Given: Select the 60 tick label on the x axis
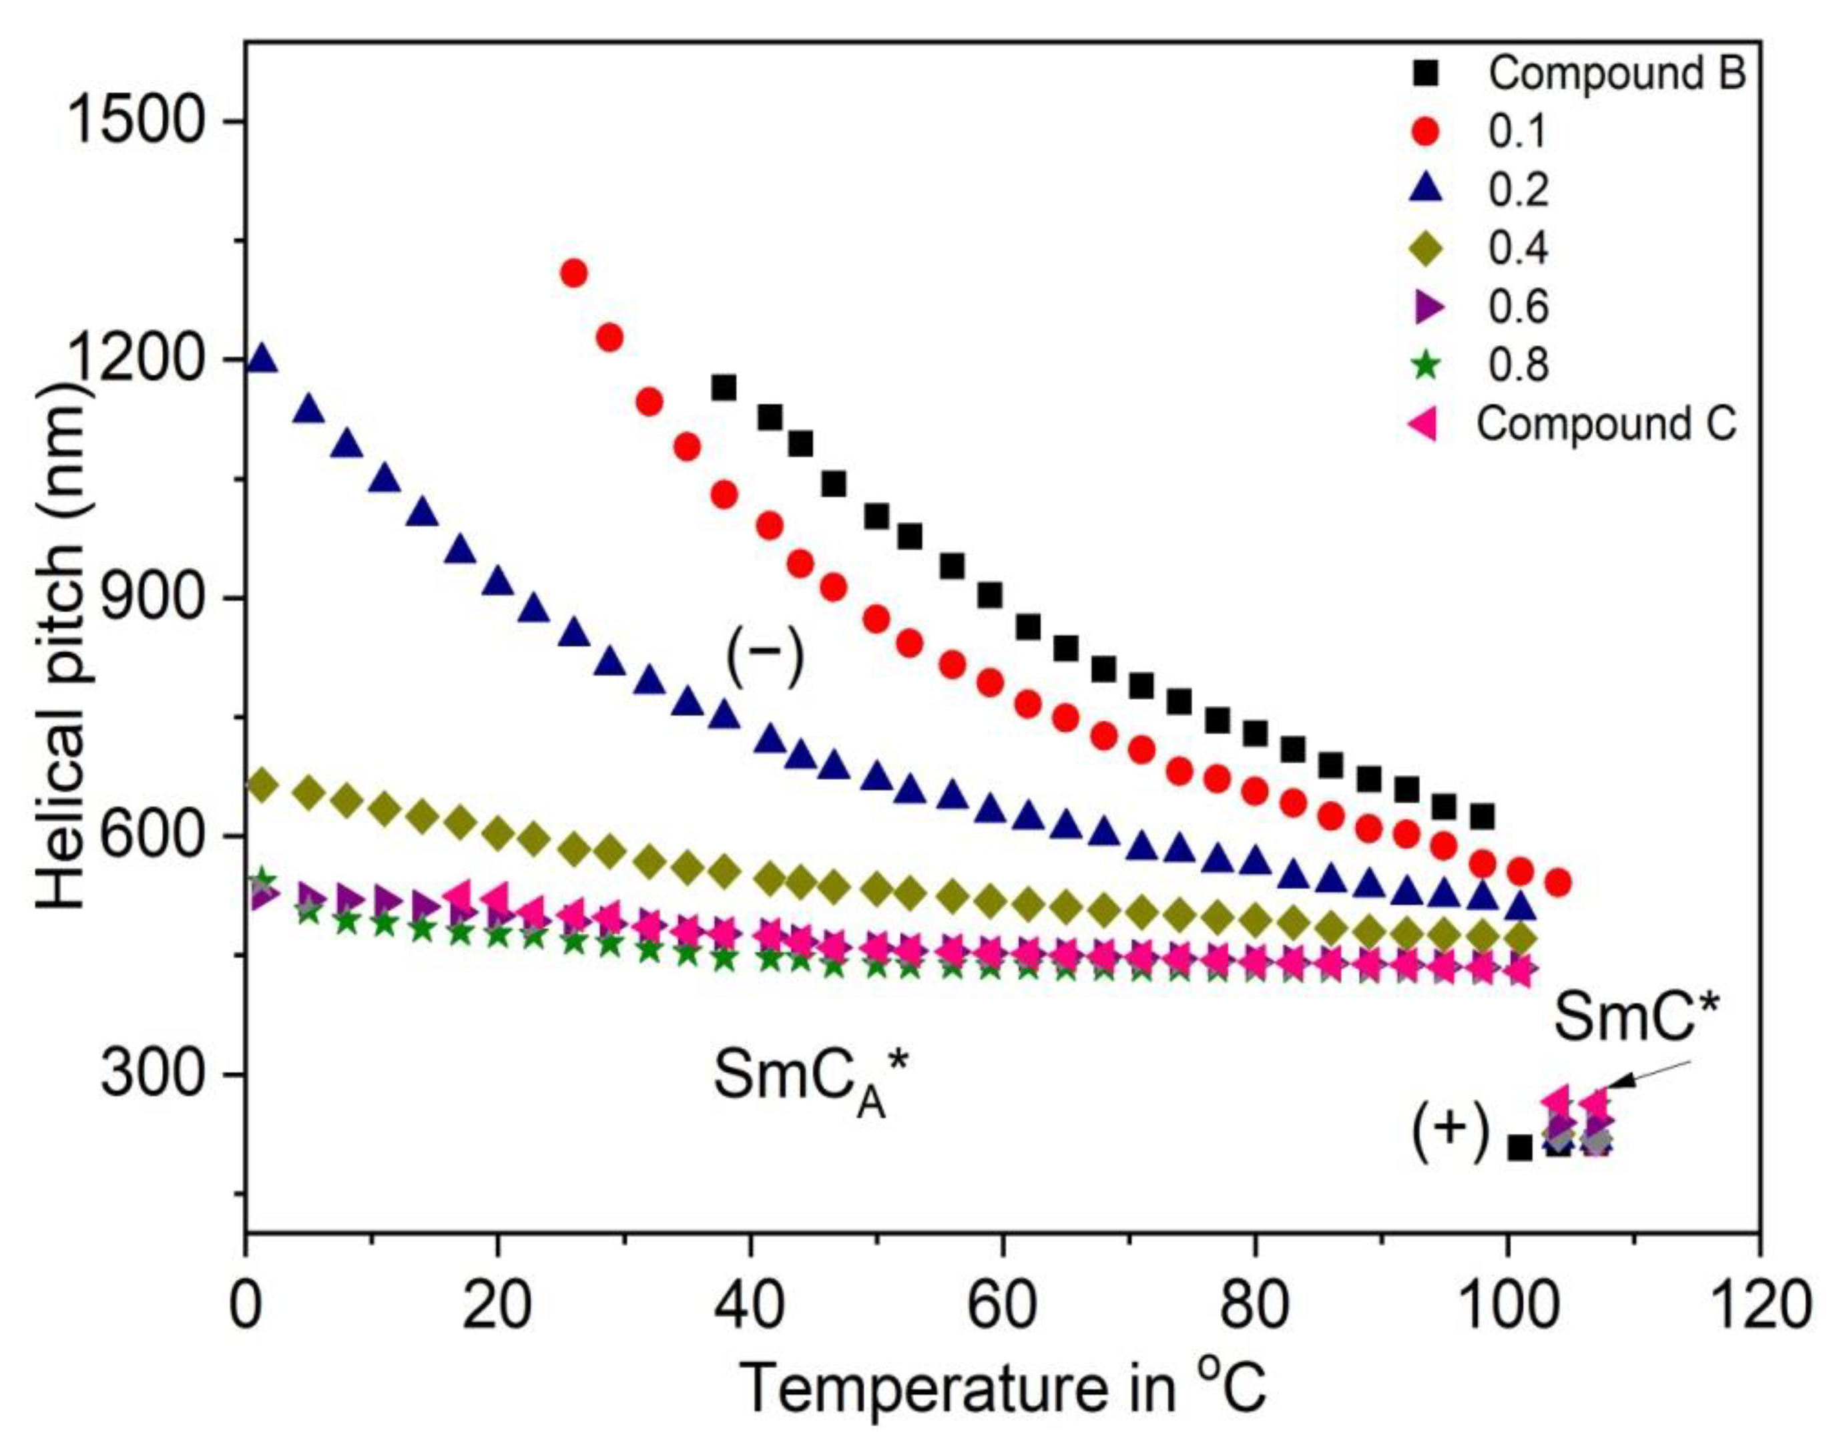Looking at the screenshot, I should (x=1003, y=1307).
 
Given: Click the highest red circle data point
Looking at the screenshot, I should (x=574, y=273).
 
